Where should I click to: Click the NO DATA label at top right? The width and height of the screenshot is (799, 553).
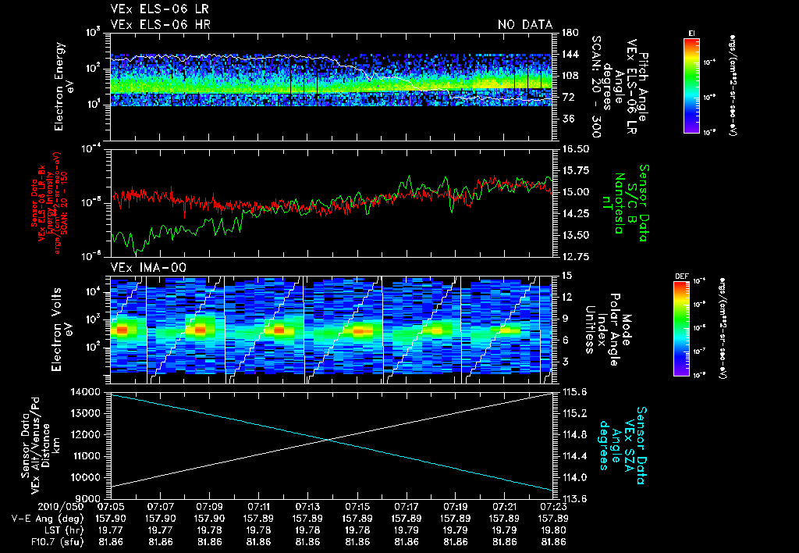[524, 24]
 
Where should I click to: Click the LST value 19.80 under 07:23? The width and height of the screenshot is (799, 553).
[553, 530]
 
